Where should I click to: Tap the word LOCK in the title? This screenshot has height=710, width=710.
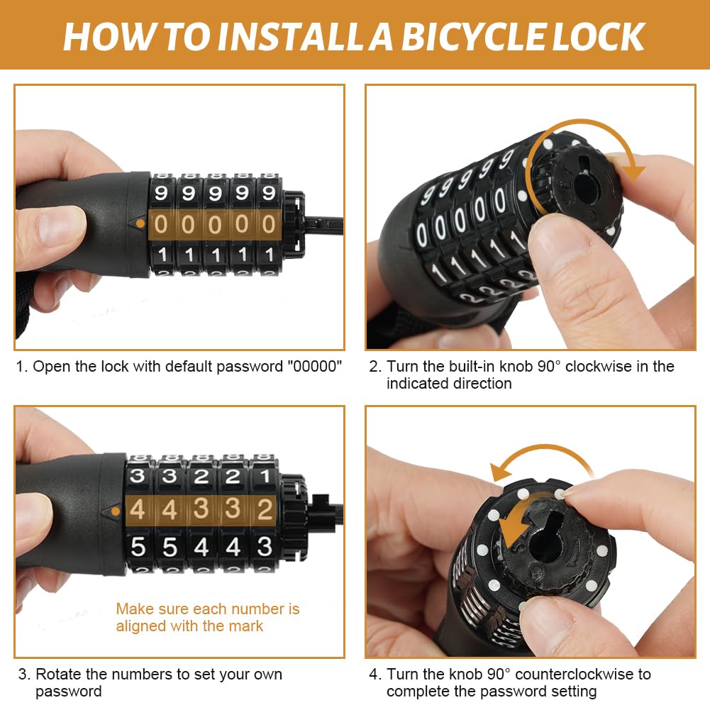(x=599, y=36)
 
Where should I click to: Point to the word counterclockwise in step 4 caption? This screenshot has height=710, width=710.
(x=574, y=674)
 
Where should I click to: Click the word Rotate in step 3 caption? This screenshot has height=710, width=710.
(x=57, y=674)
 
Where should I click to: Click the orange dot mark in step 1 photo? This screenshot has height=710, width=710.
(x=140, y=223)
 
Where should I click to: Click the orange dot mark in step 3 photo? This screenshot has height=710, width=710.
(x=116, y=511)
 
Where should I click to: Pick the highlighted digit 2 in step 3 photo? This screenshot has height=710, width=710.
(x=265, y=509)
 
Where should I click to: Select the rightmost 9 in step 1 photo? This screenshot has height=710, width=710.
(x=269, y=193)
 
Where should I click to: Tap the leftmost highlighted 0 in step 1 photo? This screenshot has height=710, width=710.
(x=161, y=224)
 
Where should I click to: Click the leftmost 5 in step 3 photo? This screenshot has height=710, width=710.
(x=138, y=547)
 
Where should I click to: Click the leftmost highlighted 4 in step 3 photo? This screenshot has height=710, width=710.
(x=137, y=509)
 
